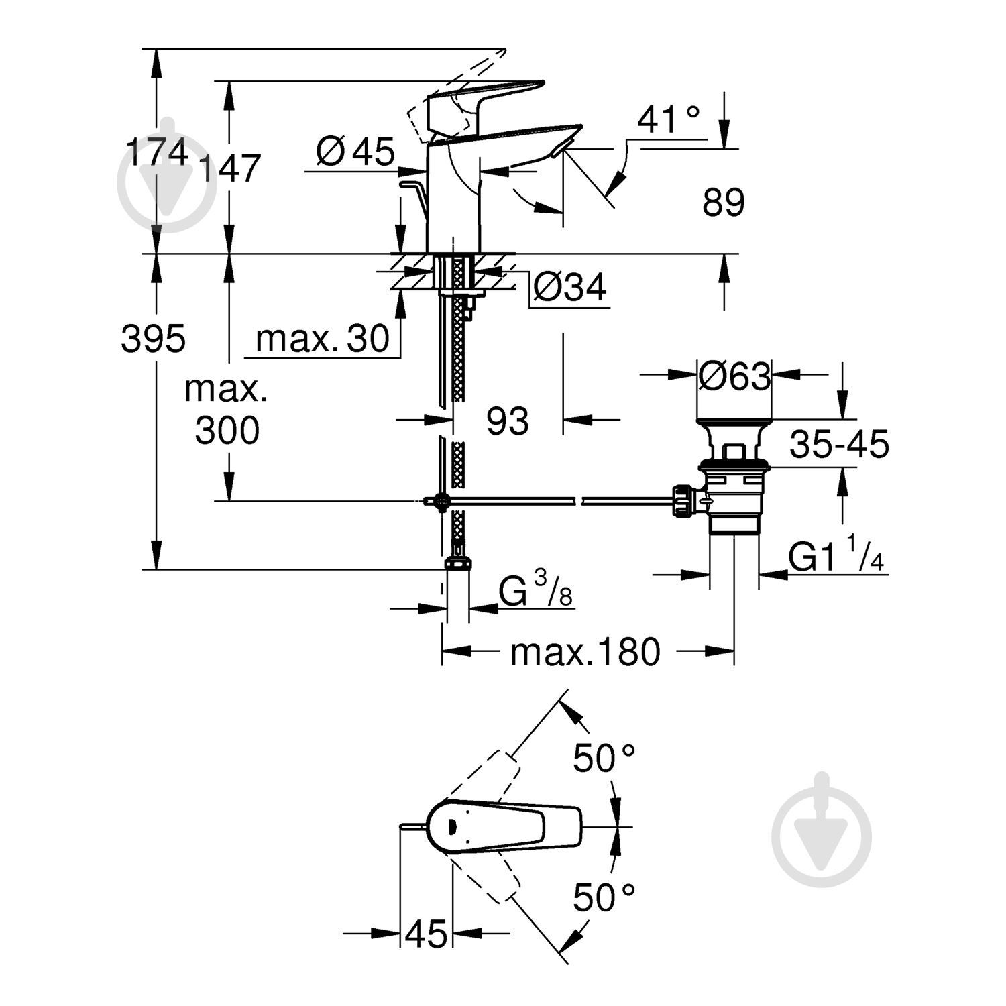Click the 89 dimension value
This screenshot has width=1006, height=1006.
(x=723, y=202)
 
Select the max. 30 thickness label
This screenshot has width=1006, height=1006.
(x=323, y=339)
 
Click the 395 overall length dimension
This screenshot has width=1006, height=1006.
(x=153, y=339)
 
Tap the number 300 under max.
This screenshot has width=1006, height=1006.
(x=227, y=431)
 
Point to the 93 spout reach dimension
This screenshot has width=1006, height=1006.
(x=508, y=422)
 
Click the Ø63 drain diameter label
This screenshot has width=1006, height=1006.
(x=734, y=376)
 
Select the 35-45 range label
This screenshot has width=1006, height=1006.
(x=839, y=444)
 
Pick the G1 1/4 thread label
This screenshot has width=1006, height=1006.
(x=836, y=556)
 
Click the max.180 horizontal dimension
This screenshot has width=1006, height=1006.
(x=585, y=652)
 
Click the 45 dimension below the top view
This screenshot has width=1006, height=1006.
(x=426, y=934)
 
